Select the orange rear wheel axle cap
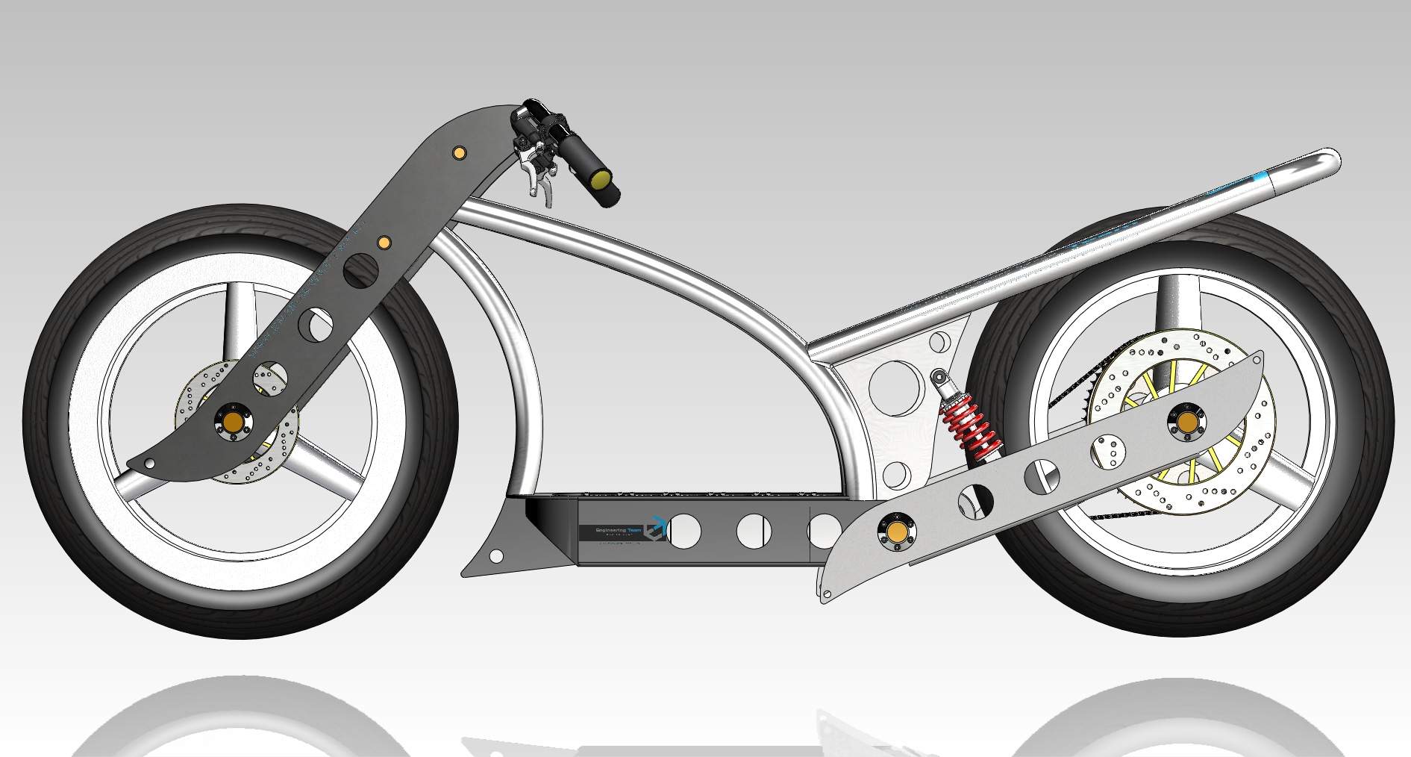pyautogui.click(x=1188, y=421)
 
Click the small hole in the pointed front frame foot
pyautogui.click(x=495, y=556)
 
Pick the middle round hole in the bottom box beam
pyautogui.click(x=754, y=531)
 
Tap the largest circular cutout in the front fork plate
pyautogui.click(x=360, y=270)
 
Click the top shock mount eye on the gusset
pyautogui.click(x=938, y=376)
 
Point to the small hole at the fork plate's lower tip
pyautogui.click(x=150, y=464)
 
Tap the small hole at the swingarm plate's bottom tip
pyautogui.click(x=827, y=594)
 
